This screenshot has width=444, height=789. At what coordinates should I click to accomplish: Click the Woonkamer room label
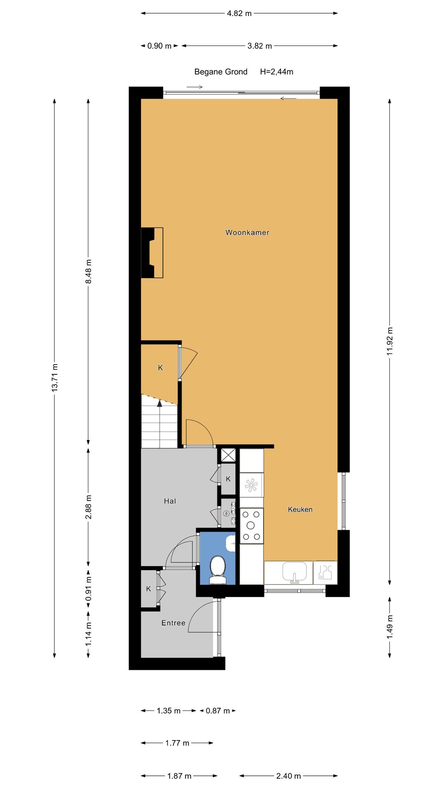pyautogui.click(x=247, y=233)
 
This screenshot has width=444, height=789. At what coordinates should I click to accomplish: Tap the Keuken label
pyautogui.click(x=300, y=510)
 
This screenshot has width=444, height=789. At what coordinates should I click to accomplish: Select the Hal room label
pyautogui.click(x=170, y=501)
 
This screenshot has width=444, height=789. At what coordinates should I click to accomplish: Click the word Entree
pyautogui.click(x=173, y=623)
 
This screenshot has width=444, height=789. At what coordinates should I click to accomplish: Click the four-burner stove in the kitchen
pyautogui.click(x=251, y=526)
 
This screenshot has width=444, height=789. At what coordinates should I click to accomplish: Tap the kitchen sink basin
pyautogui.click(x=294, y=572)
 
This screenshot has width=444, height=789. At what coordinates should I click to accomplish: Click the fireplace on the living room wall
pyautogui.click(x=152, y=253)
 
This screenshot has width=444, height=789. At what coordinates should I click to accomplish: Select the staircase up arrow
pyautogui.click(x=160, y=404)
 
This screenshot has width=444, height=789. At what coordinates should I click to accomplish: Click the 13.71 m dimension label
pyautogui.click(x=55, y=377)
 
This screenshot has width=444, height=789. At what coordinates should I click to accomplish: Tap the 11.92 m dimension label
pyautogui.click(x=390, y=341)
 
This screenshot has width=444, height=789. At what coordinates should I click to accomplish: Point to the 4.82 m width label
pyautogui.click(x=239, y=14)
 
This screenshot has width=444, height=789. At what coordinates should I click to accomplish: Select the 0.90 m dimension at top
pyautogui.click(x=159, y=46)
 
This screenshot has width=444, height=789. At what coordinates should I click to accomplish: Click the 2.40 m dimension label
pyautogui.click(x=288, y=776)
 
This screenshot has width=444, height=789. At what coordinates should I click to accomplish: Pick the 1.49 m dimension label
pyautogui.click(x=390, y=627)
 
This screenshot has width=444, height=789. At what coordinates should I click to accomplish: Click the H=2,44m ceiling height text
pyautogui.click(x=277, y=72)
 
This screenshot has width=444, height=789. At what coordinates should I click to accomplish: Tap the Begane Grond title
pyautogui.click(x=221, y=72)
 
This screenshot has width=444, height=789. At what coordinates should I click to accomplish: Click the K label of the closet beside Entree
pyautogui.click(x=148, y=589)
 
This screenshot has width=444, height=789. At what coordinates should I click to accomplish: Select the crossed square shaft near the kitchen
pyautogui.click(x=228, y=455)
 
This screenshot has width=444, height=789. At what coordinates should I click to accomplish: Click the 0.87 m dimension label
pyautogui.click(x=217, y=711)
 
